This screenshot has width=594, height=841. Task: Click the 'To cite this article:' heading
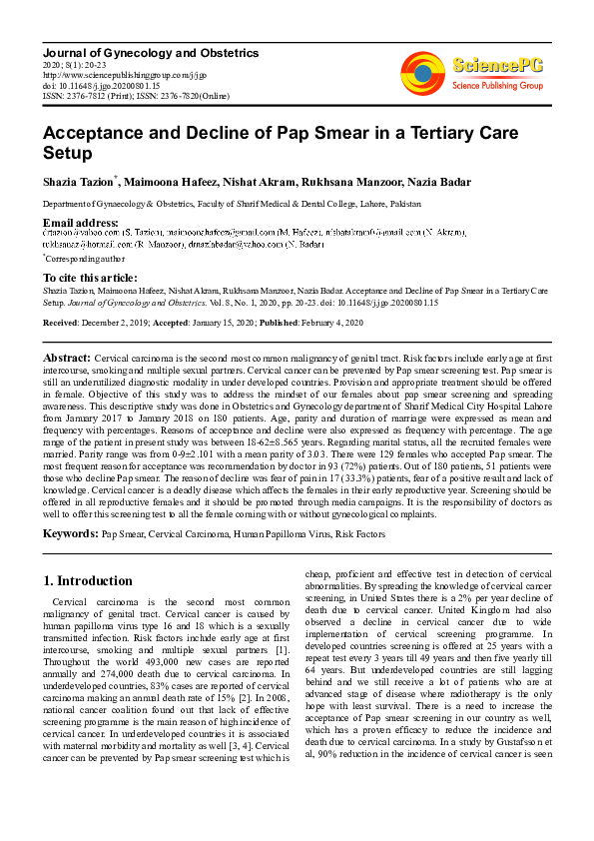(x=90, y=278)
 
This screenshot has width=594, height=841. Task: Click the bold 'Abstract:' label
(x=67, y=357)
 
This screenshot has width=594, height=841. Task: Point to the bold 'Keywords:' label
(x=70, y=534)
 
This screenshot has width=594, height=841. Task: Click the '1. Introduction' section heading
(x=89, y=580)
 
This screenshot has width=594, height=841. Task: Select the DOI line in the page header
(x=102, y=85)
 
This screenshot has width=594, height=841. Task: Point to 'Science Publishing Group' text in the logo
(x=495, y=86)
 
